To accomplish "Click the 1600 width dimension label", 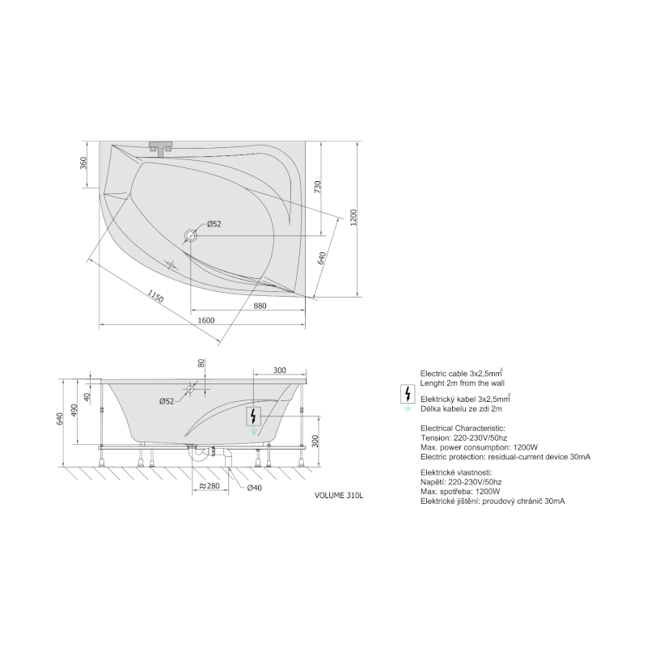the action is click(206, 320).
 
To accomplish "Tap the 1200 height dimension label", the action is click(353, 218).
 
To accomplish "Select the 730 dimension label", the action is click(317, 187).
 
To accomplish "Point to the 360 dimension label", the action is click(84, 163).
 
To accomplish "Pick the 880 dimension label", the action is click(260, 306).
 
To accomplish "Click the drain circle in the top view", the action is click(191, 236).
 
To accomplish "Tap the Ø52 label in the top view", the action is click(214, 224).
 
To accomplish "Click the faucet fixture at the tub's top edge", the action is click(160, 148).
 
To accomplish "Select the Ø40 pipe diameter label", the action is click(254, 488).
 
